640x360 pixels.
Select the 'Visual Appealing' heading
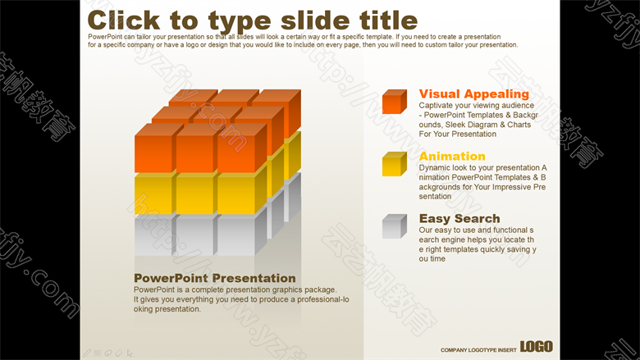point(474,93)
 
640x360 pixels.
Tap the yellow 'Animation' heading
point(452,156)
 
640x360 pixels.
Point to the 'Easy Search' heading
point(459,218)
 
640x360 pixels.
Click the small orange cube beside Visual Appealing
point(395,102)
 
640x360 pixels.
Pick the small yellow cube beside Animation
point(395,164)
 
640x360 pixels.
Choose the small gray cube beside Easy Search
point(395,226)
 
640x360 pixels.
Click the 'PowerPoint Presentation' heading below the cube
point(215,278)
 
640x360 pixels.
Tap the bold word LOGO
point(537,347)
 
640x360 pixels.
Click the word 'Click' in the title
point(124,21)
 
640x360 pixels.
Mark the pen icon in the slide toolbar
point(87,353)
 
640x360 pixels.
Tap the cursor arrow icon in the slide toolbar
point(130,353)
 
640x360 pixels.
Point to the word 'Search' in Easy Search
point(477,218)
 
